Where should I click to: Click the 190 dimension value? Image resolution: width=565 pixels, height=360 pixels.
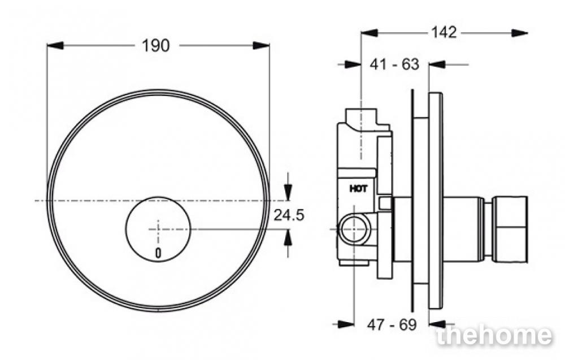(x=156, y=46)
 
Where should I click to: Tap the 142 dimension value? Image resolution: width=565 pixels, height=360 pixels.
(x=444, y=32)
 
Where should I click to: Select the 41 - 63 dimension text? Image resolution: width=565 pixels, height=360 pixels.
(x=394, y=64)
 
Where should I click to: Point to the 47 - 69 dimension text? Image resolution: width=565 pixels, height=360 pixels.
(x=392, y=325)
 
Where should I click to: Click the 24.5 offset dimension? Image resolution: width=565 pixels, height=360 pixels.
(x=289, y=215)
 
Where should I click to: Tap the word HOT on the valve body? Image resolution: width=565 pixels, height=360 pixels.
(x=359, y=188)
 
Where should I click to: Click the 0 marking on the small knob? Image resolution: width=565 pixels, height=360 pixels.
(x=158, y=253)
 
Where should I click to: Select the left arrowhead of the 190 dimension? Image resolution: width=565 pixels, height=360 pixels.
(x=55, y=46)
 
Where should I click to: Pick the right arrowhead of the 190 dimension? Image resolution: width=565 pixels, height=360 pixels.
(x=261, y=46)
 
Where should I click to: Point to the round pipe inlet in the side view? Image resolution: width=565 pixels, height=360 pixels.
(x=354, y=229)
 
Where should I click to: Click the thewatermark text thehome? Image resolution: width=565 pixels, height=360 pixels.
(x=494, y=336)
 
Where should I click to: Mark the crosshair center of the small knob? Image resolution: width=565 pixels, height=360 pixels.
(x=158, y=229)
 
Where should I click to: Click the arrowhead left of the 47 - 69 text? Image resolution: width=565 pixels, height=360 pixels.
(x=346, y=324)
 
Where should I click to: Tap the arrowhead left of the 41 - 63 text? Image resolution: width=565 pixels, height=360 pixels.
(x=353, y=64)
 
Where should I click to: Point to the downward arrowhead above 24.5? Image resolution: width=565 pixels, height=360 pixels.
(x=288, y=192)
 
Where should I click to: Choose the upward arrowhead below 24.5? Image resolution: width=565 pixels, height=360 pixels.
(x=288, y=237)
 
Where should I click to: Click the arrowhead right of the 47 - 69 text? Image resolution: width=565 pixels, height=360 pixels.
(x=437, y=324)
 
